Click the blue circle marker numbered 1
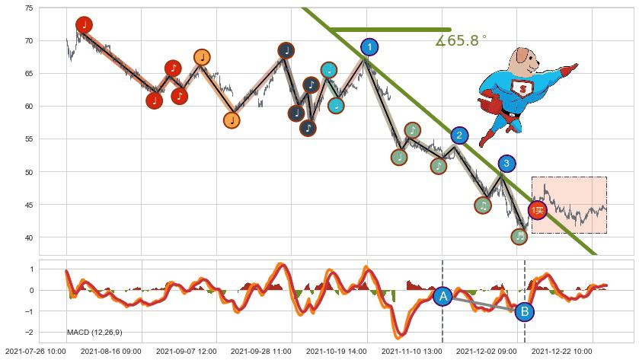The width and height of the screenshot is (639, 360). tap(369, 47)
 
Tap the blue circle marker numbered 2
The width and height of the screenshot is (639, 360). tap(459, 136)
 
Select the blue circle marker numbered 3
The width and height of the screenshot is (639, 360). tap(506, 163)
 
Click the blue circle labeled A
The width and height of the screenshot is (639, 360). tap(443, 297)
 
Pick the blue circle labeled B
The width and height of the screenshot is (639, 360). tap(524, 311)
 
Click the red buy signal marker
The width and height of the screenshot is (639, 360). tap(538, 210)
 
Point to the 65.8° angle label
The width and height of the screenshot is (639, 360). tap(461, 41)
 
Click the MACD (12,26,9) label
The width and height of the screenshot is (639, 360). tap(94, 333)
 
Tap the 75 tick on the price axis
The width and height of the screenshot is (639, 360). tap(28, 8)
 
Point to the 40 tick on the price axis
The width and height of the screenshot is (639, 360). tap(28, 237)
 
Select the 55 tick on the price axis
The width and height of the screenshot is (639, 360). tap(28, 139)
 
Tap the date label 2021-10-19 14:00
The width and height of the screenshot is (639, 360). tap(336, 352)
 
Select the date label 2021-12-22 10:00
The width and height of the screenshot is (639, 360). tap(561, 352)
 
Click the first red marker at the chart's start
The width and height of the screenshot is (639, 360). tap(84, 25)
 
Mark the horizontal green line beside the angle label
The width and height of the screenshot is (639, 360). tap(390, 30)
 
